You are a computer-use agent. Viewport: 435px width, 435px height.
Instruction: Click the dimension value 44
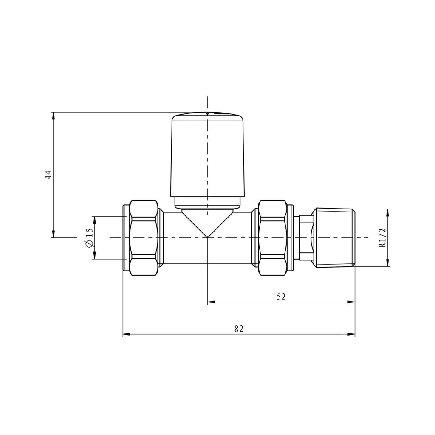pyautogui.click(x=48, y=175)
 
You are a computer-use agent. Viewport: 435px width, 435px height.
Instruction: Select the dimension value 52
pyautogui.click(x=281, y=297)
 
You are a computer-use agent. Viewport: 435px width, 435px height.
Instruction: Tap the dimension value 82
pyautogui.click(x=239, y=329)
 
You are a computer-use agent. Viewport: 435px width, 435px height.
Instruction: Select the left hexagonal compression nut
pyautogui.click(x=144, y=238)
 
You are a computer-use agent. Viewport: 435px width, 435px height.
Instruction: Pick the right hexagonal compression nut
pyautogui.click(x=272, y=238)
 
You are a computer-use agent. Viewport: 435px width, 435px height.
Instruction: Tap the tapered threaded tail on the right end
pyautogui.click(x=333, y=238)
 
